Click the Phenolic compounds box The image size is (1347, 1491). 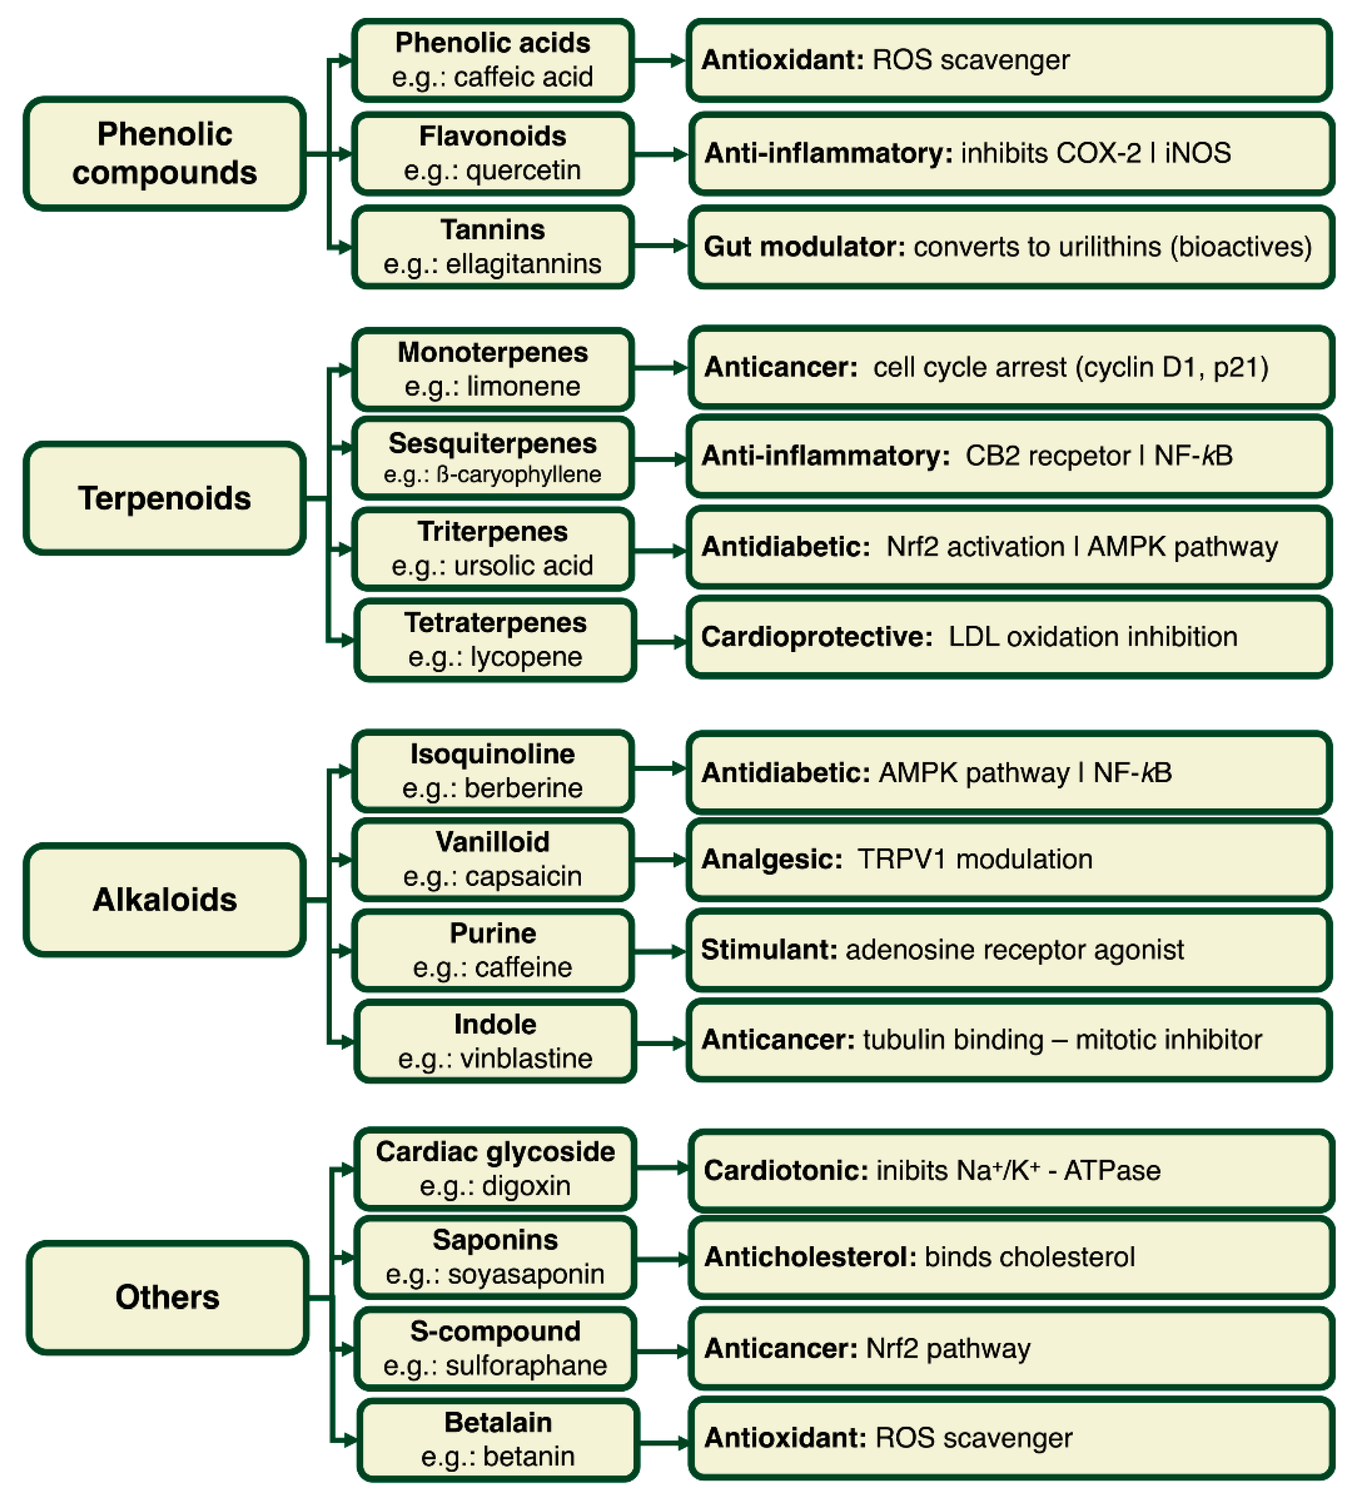tap(164, 153)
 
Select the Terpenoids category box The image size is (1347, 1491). tap(164, 498)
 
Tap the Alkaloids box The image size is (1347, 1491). tap(164, 899)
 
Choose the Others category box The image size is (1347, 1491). tap(167, 1297)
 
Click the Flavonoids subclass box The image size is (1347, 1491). tap(493, 153)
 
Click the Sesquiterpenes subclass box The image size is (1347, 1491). tap(493, 458)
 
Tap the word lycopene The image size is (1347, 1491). tap(526, 657)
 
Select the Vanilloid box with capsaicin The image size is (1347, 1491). tap(493, 858)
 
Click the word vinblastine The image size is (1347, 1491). tap(526, 1058)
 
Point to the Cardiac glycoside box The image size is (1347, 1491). tap(495, 1168)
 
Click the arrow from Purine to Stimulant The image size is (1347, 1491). tap(660, 951)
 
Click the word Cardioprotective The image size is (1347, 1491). tap(817, 637)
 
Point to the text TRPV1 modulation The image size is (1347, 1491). tap(974, 859)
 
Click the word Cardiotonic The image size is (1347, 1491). tap(785, 1171)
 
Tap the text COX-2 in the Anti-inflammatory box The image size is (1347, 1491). tap(1099, 153)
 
